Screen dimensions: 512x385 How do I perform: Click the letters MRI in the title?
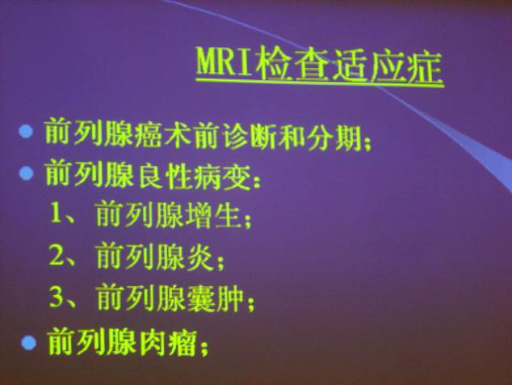click(x=225, y=62)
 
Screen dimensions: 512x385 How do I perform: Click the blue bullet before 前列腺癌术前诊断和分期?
click(x=26, y=132)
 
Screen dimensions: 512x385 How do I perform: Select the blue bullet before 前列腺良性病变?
click(x=26, y=173)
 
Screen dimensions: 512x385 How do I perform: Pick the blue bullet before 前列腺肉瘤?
click(x=29, y=343)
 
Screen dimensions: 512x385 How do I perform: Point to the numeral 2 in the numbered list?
click(x=57, y=255)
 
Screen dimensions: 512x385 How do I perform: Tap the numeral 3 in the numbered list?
click(x=57, y=297)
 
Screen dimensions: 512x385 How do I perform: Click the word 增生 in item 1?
click(x=215, y=215)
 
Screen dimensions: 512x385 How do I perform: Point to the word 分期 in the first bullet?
click(x=335, y=138)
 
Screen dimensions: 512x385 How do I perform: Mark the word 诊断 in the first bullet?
click(x=252, y=136)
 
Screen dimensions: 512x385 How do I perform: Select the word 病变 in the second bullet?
click(x=222, y=176)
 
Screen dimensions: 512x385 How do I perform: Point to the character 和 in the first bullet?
click(x=293, y=137)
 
